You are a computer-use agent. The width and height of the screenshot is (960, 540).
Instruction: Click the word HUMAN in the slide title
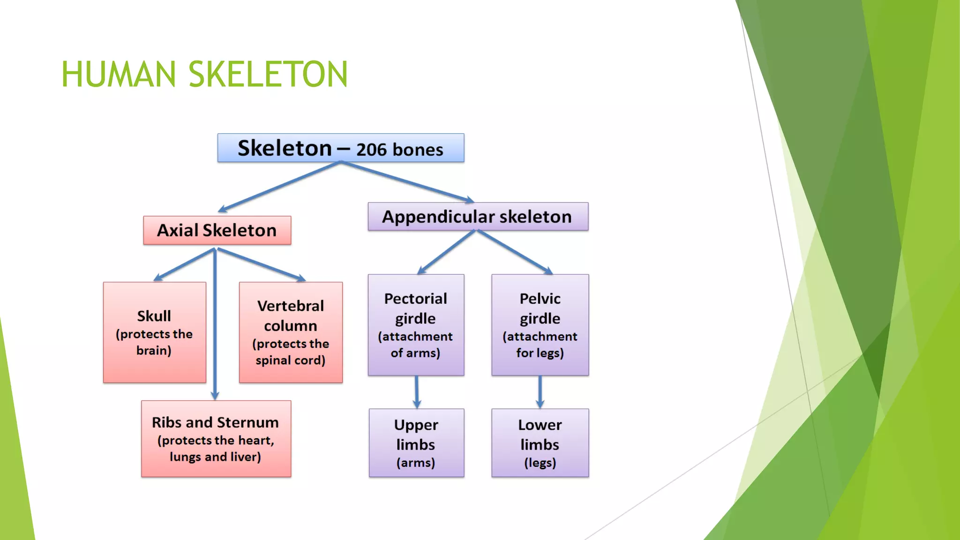tap(118, 75)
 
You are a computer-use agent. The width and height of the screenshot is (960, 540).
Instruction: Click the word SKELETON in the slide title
tap(268, 75)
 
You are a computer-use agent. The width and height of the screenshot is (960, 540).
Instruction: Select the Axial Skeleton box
tap(217, 230)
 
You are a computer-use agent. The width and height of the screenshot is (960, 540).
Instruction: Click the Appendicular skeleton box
tap(478, 217)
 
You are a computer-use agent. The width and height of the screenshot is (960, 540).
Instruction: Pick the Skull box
tap(154, 332)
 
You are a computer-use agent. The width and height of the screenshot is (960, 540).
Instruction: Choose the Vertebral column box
tap(291, 332)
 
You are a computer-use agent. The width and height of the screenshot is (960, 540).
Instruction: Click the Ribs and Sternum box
tap(216, 439)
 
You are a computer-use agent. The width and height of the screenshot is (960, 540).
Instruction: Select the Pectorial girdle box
tap(416, 325)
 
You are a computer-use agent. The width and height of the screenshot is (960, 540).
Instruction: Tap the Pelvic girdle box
tap(540, 325)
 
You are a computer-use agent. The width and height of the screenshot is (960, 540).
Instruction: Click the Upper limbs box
tap(416, 443)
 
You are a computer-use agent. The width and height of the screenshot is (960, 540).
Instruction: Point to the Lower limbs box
tap(540, 443)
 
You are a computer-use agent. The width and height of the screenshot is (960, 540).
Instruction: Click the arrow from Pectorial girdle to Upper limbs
tap(417, 392)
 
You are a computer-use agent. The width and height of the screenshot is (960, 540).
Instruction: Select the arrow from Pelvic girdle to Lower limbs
tap(540, 392)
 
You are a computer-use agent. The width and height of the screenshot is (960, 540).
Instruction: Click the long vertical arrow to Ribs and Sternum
tap(215, 328)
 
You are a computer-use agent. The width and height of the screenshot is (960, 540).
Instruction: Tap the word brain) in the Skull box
tap(154, 351)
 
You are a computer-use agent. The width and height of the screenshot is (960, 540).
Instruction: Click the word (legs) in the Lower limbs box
tap(540, 463)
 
